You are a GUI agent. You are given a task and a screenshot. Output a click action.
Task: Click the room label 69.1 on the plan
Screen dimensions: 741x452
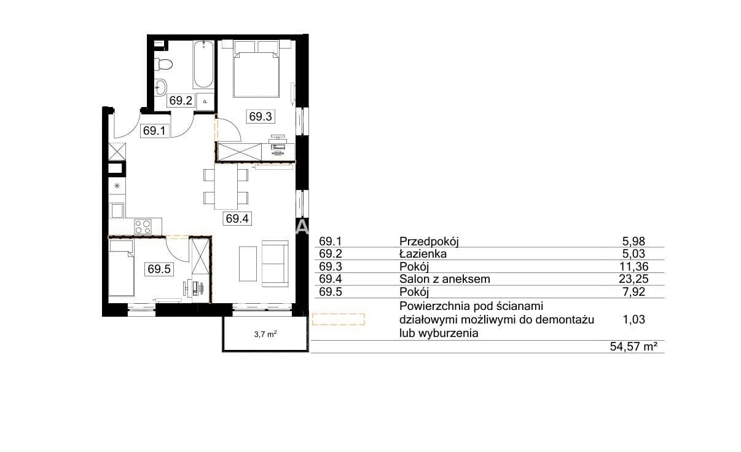pos(154,131)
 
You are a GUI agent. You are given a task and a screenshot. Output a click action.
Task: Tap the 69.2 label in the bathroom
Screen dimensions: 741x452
pos(181,100)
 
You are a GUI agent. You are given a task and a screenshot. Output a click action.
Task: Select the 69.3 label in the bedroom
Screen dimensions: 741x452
pos(261,116)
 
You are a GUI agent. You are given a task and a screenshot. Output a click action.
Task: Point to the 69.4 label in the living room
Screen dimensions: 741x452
pos(237,218)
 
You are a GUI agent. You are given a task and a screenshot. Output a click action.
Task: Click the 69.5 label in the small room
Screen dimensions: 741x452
pos(159,269)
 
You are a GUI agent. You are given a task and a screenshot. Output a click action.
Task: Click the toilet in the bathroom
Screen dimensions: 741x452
pos(163,64)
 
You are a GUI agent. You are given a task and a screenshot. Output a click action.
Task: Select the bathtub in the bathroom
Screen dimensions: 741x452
pos(203,65)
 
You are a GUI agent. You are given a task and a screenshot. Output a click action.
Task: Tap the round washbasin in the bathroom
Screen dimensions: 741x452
pos(161,87)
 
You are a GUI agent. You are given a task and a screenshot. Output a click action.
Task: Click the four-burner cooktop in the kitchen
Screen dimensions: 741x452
pos(143,227)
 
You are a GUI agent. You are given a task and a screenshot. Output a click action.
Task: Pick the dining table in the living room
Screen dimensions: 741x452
pos(226,188)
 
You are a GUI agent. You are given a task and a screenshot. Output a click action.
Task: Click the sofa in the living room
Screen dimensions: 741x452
pos(275,264)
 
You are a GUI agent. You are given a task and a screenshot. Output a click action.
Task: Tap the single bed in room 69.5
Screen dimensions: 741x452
pos(122,268)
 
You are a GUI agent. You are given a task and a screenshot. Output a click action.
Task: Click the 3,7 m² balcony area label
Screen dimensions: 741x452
pos(265,334)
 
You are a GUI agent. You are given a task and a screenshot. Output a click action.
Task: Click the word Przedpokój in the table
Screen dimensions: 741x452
pos(429,242)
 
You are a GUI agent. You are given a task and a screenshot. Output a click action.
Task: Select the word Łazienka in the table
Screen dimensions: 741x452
pos(423,253)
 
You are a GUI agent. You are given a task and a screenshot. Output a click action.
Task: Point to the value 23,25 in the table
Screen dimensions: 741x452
pos(633,279)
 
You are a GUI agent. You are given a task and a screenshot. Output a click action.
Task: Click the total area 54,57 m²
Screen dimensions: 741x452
pos(633,346)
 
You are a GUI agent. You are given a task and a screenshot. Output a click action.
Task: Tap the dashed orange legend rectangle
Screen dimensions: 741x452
pos(339,319)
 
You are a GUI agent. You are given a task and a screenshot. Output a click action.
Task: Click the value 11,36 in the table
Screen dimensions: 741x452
pos(633,266)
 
